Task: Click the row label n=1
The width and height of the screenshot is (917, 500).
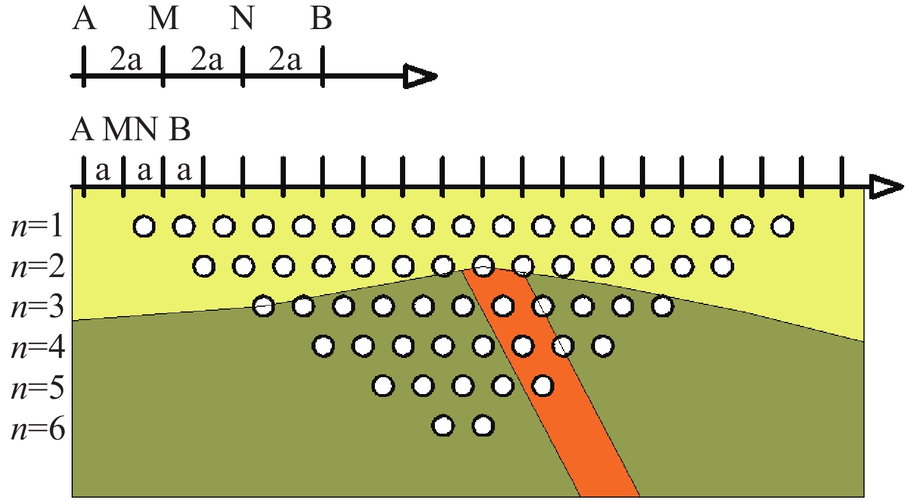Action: point(37,226)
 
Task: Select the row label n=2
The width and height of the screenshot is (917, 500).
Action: point(37,267)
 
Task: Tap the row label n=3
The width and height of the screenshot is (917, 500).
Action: point(37,307)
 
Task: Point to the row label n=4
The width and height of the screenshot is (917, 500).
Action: point(37,347)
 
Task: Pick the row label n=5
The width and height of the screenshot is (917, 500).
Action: point(37,388)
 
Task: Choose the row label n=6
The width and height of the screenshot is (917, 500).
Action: point(37,429)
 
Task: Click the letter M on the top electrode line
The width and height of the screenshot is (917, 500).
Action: point(163,19)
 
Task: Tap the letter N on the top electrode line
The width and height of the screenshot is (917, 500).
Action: point(242,19)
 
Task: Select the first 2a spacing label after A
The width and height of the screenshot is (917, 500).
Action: point(125,59)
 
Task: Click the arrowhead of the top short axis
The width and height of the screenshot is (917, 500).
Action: point(421,76)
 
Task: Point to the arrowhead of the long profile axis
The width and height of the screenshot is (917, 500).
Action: point(886,187)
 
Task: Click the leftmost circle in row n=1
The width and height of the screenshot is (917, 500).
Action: point(144,226)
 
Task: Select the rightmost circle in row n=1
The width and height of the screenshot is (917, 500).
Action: point(782,226)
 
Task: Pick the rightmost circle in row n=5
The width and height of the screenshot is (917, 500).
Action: point(543,385)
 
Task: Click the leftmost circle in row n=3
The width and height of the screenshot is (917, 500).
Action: point(263,306)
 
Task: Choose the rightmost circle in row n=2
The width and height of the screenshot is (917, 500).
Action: point(723,267)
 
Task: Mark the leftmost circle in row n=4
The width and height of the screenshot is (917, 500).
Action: point(323,346)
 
